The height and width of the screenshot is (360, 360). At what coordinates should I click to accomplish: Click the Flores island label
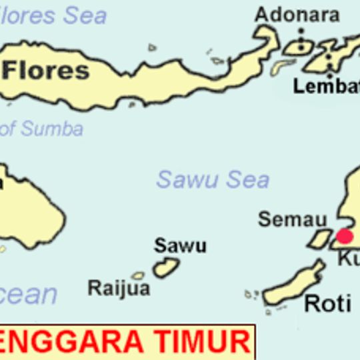(x=47, y=71)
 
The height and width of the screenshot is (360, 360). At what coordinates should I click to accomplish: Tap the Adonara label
(x=297, y=15)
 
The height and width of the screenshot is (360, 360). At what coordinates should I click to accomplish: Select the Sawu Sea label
(x=213, y=179)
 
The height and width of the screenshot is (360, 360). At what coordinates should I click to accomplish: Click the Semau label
(x=293, y=219)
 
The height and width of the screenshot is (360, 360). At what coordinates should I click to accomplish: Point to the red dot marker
(x=344, y=235)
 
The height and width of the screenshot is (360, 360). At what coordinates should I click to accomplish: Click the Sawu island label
(x=180, y=245)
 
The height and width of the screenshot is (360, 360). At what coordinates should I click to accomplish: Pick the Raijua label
(x=119, y=288)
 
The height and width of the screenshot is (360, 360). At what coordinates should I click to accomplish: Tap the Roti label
(x=327, y=304)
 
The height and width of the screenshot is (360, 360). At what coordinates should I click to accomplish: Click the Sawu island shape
(x=166, y=267)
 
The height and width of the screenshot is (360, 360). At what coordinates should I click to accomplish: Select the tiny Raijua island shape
(x=138, y=275)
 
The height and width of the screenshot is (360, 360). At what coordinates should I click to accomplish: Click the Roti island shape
(x=293, y=286)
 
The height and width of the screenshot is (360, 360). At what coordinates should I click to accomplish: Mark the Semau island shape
(x=320, y=239)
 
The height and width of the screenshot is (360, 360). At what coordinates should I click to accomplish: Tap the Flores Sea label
(x=53, y=15)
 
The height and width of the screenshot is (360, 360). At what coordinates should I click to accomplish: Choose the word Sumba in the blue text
(x=51, y=129)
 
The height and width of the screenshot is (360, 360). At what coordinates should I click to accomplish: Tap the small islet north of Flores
(x=153, y=47)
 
